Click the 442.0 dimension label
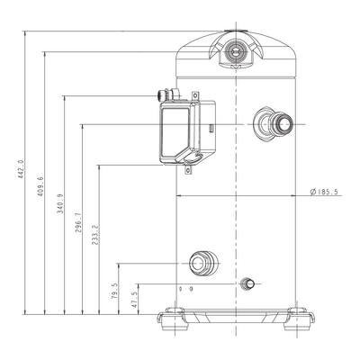pyautogui.click(x=21, y=169)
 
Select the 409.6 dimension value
pyautogui.click(x=40, y=186)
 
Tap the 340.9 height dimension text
pyautogui.click(x=60, y=203)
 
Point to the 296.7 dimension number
pyautogui.click(x=78, y=223)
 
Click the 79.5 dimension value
pyautogui.click(x=114, y=291)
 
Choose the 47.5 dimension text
pyautogui.click(x=134, y=300)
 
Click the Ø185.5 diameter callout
pyautogui.click(x=326, y=192)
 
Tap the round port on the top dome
pyautogui.click(x=236, y=53)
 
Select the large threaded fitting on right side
pyautogui.click(x=273, y=123)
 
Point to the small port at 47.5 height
pyautogui.click(x=247, y=283)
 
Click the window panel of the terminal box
pyautogui.click(x=175, y=132)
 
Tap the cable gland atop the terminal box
pyautogui.click(x=168, y=94)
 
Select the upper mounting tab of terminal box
pyautogui.click(x=195, y=95)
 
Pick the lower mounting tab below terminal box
pyautogui.click(x=188, y=170)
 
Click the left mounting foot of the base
pyautogui.click(x=174, y=319)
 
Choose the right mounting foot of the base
pyautogui.click(x=299, y=319)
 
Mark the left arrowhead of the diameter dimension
pyautogui.click(x=179, y=195)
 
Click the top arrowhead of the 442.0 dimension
pyautogui.click(x=25, y=34)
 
